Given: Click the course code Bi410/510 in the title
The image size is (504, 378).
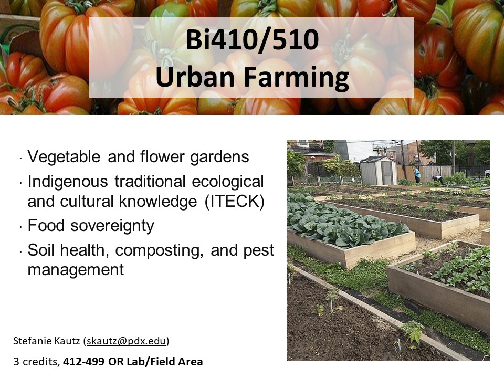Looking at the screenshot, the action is point(253,39).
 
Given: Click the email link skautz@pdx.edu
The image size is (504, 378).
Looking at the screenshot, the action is point(127,341).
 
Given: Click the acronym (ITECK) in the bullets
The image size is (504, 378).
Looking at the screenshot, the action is point(235,202).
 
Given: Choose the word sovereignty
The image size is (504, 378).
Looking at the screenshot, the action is point(112,226).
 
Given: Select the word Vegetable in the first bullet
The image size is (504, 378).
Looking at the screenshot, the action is point(64,157).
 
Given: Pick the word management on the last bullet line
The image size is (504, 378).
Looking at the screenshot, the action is point(76,270).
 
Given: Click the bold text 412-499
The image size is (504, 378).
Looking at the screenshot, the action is point(83,362).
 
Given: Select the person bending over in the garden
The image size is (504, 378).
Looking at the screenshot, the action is point(437,180).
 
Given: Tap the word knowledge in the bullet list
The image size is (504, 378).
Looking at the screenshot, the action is point(158,202).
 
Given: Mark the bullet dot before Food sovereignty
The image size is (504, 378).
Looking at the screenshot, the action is point(21,227).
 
